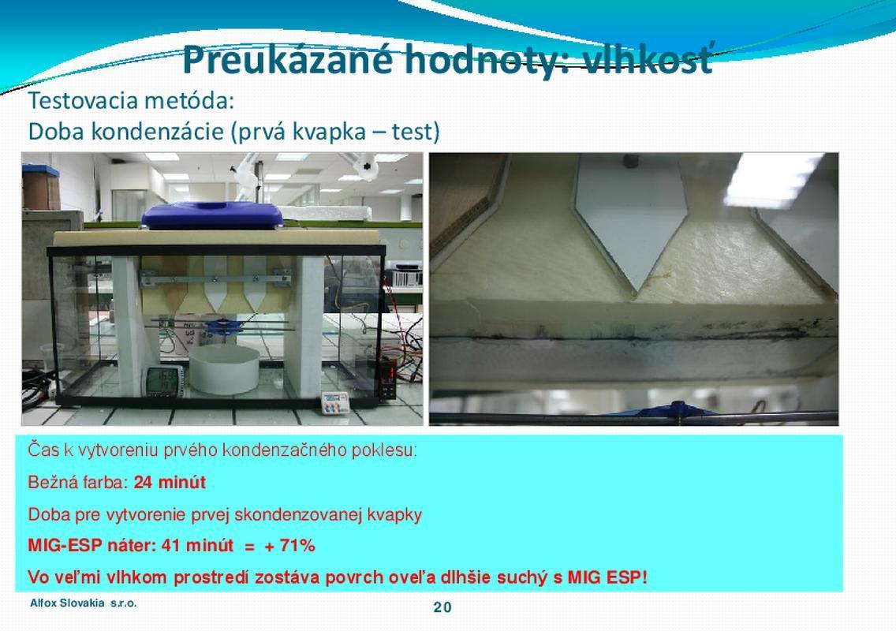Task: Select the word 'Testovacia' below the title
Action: coord(83,101)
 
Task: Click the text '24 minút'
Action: coord(170,483)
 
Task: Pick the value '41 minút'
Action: coord(198,545)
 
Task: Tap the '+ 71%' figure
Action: coord(289,546)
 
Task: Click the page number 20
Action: coord(442,607)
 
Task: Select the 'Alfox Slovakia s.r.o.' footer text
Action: coord(84,603)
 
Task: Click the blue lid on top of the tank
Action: coord(212,215)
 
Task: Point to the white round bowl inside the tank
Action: coord(224,368)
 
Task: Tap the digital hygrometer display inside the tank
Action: coord(165,381)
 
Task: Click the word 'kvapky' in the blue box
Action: coord(394,515)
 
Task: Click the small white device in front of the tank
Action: coord(335,403)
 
